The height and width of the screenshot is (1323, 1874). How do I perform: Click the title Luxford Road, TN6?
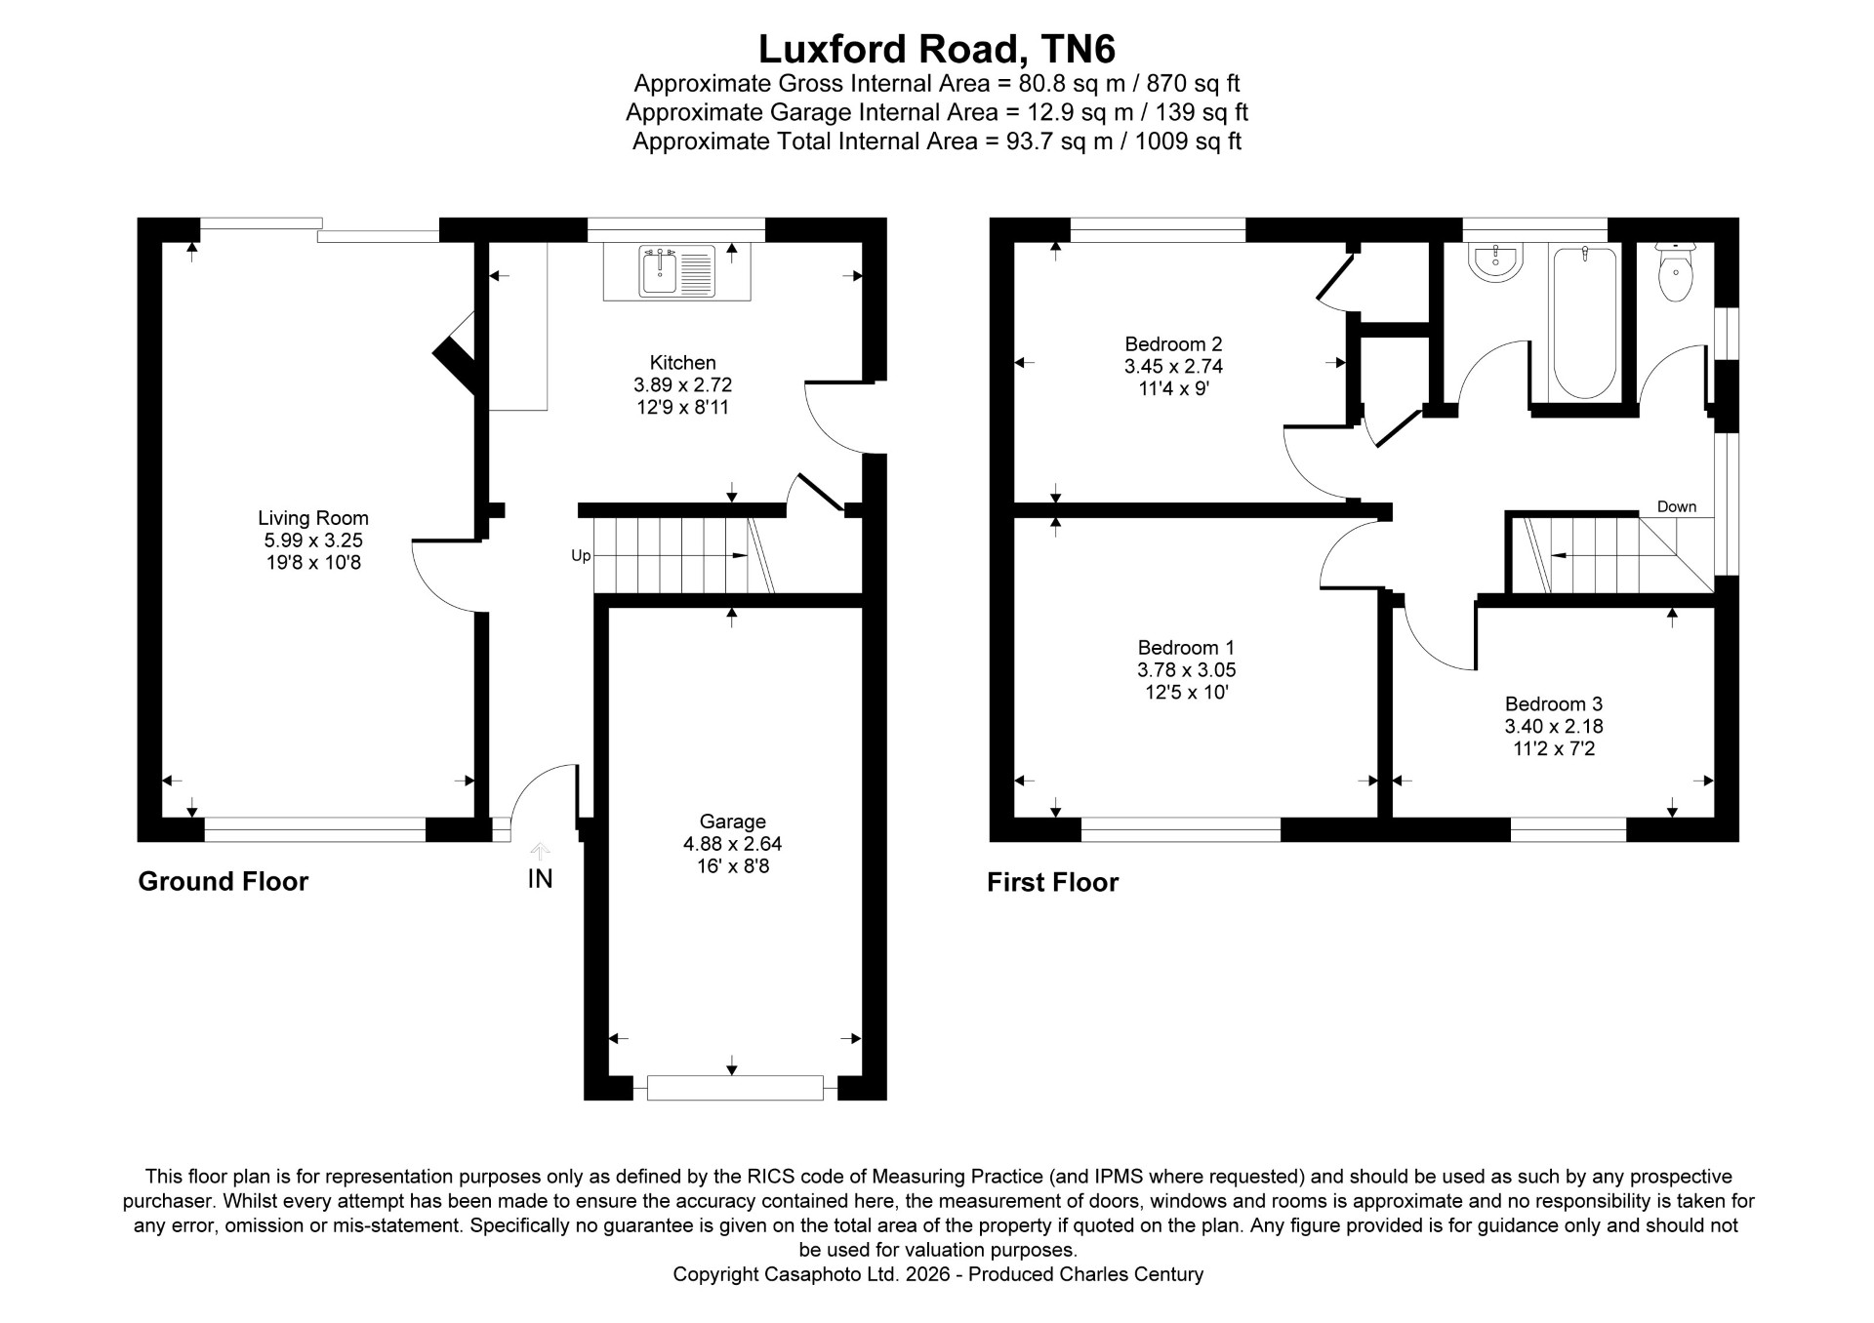(937, 49)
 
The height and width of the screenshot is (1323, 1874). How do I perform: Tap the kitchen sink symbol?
(676, 271)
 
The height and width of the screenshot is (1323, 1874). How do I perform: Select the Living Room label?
(313, 518)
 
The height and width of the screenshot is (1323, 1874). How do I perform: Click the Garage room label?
(732, 822)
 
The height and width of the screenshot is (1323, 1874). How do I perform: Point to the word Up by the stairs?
(581, 556)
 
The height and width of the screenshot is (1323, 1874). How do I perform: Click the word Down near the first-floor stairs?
(1677, 506)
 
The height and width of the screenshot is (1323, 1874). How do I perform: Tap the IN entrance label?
(540, 879)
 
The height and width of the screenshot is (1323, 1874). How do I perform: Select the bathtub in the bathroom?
(1583, 323)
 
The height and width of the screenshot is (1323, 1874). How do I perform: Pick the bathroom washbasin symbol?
(1495, 263)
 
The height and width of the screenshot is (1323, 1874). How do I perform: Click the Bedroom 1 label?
(1186, 647)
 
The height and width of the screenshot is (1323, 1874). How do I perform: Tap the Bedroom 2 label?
(1173, 343)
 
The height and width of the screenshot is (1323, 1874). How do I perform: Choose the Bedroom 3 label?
(1554, 703)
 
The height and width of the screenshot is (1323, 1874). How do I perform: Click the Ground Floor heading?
(223, 881)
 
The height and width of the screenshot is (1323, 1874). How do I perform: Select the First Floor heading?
(1052, 882)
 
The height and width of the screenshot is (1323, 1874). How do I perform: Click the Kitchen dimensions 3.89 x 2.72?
(682, 384)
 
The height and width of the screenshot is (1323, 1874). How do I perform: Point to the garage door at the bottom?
(735, 1088)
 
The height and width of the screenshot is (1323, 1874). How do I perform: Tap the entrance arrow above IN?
(540, 851)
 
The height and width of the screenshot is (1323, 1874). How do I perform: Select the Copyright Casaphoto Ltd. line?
(938, 1274)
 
